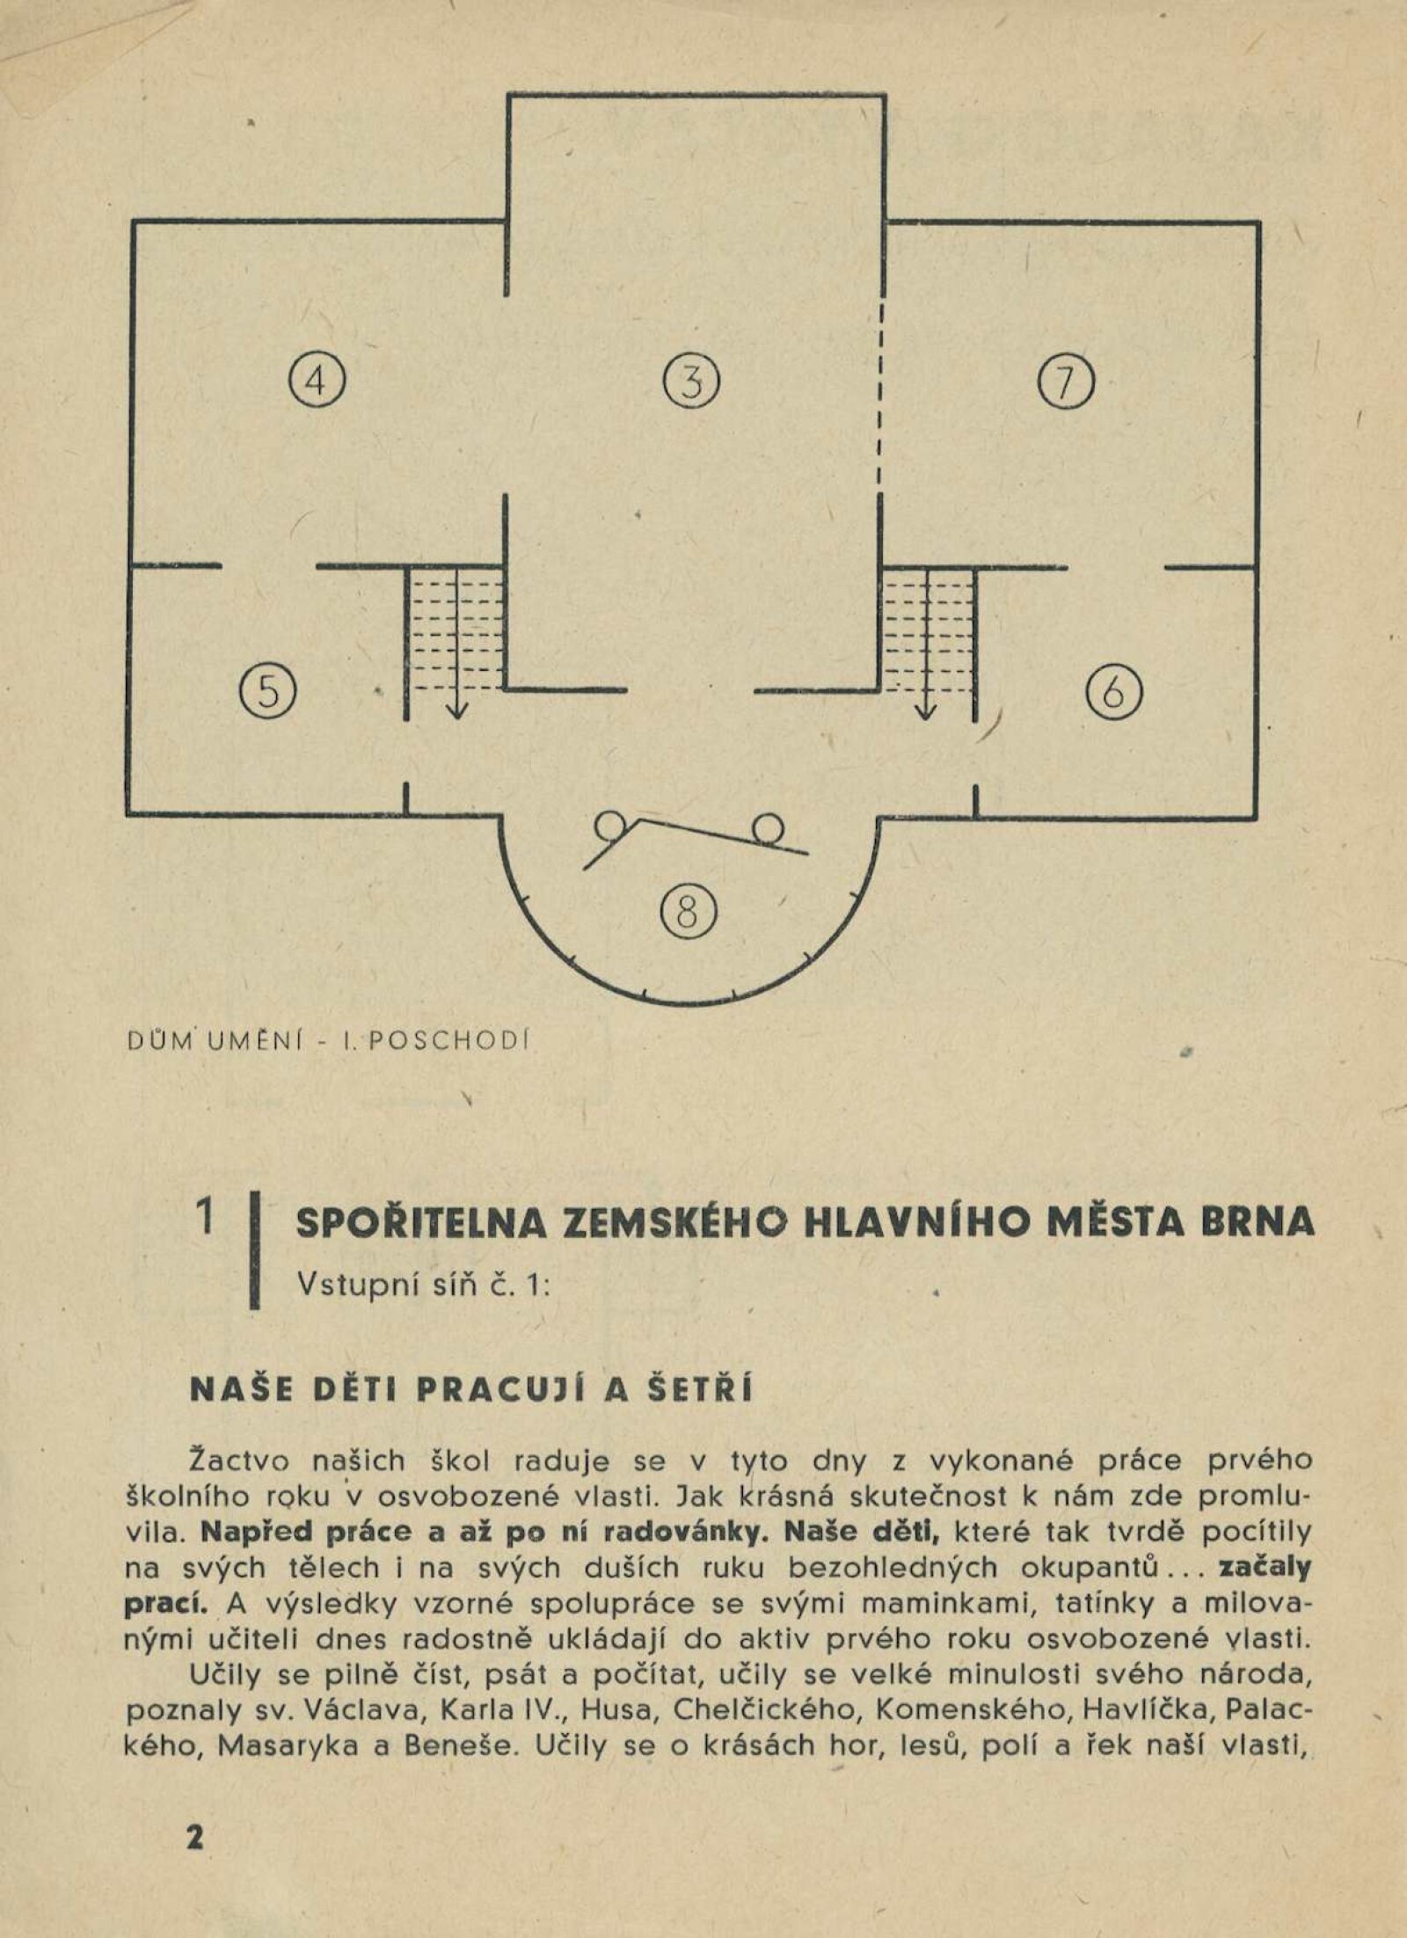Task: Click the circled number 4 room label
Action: tap(317, 382)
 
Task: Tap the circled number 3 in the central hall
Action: tap(691, 382)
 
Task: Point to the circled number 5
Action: tap(269, 691)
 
